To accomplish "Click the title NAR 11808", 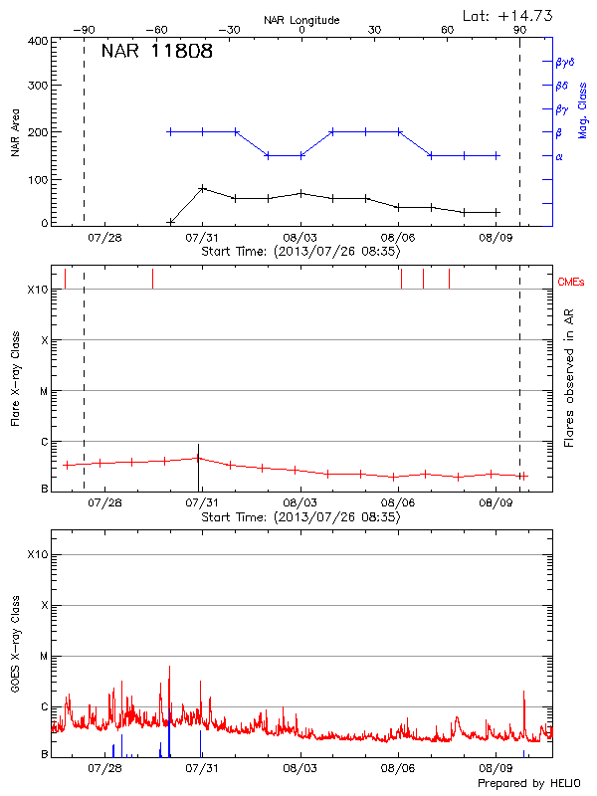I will (157, 51).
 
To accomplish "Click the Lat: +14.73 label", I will (507, 15).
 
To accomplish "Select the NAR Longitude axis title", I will (301, 20).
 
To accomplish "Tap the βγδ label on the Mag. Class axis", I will (565, 62).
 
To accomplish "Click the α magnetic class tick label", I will (559, 156).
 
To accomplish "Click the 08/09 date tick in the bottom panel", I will (496, 768).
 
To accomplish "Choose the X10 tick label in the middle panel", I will (38, 290).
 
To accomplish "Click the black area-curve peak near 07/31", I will (202, 187).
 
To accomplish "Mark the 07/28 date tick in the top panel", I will (105, 238).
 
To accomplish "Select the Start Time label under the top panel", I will (300, 253).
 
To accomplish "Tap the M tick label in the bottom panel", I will (44, 657).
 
